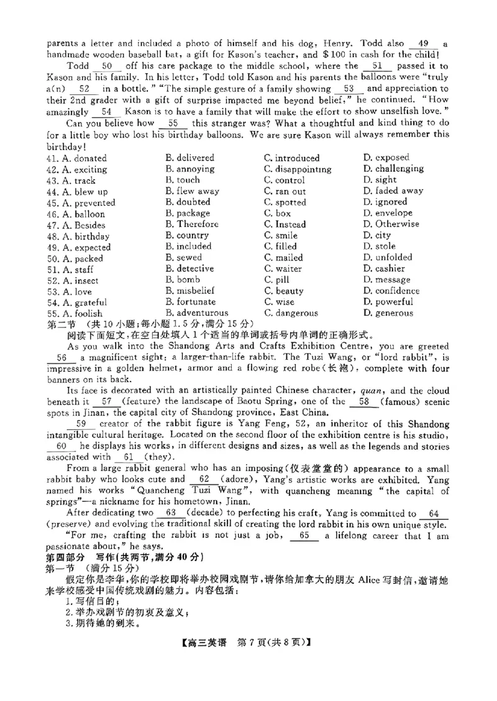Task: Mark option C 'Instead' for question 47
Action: [285, 225]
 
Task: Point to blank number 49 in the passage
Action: [424, 44]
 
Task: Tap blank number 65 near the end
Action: [304, 535]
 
